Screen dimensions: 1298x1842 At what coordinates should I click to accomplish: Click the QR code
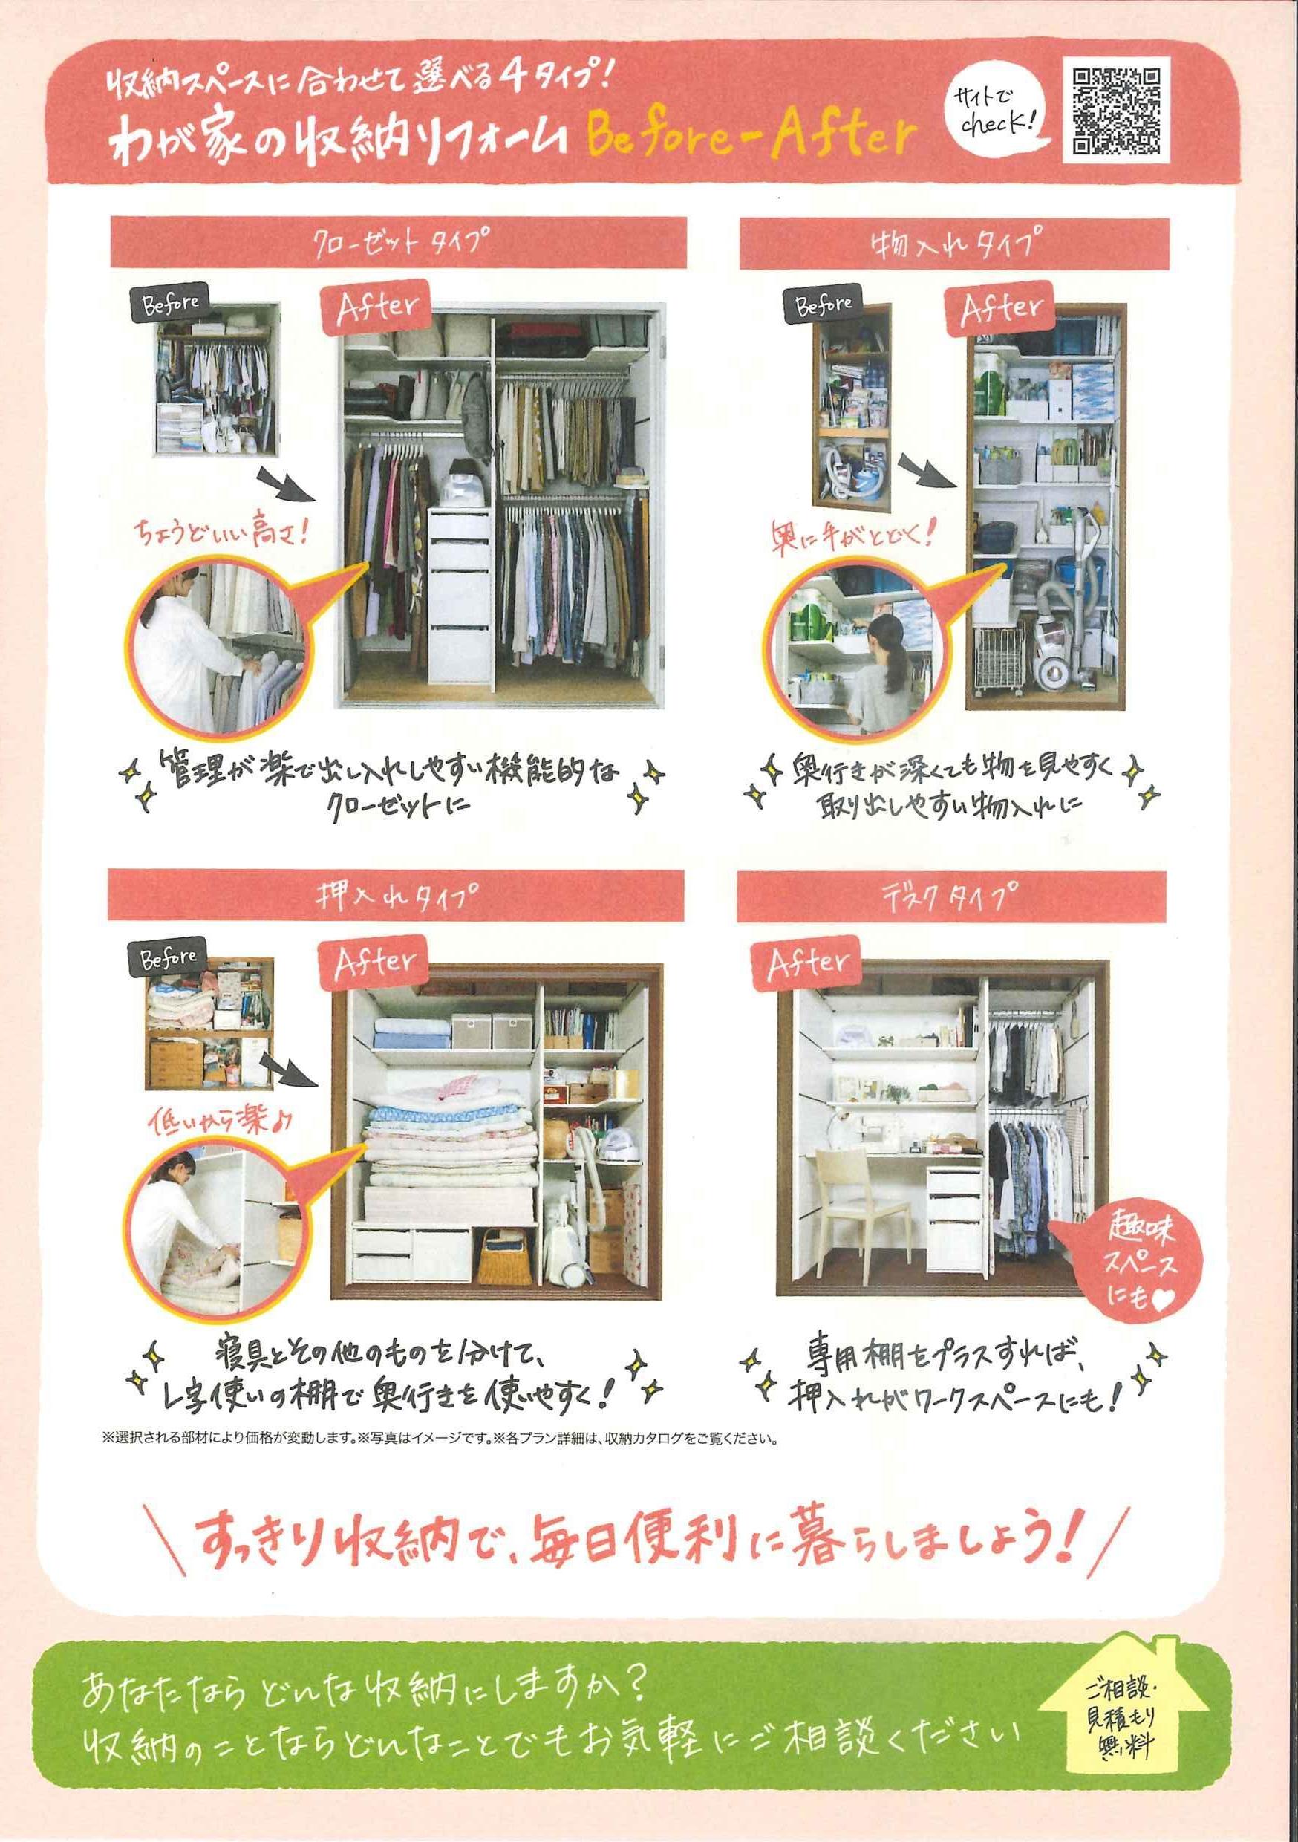click(x=1116, y=111)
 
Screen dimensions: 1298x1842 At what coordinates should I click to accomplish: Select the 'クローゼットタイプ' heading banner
click(x=398, y=241)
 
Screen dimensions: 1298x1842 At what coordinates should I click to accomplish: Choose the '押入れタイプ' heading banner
click(x=397, y=895)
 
